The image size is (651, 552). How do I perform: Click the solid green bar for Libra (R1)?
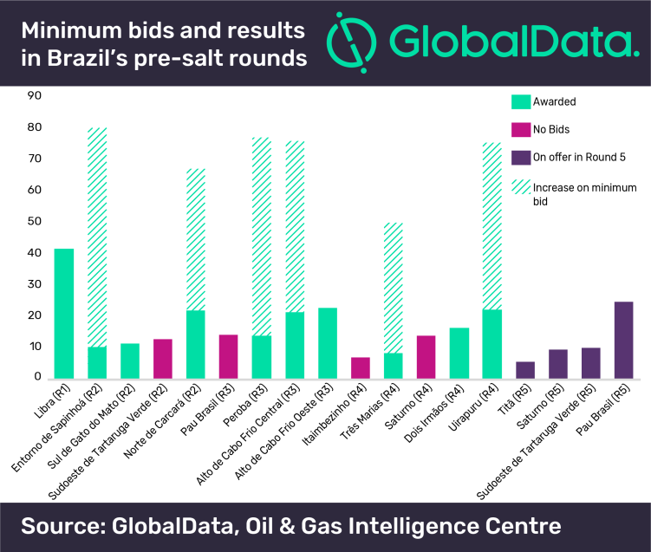click(63, 313)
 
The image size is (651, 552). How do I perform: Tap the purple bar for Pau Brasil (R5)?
click(622, 340)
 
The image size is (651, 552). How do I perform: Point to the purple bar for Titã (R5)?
click(524, 370)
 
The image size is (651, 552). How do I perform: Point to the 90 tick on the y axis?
click(35, 96)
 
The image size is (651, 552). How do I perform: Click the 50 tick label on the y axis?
click(35, 222)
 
